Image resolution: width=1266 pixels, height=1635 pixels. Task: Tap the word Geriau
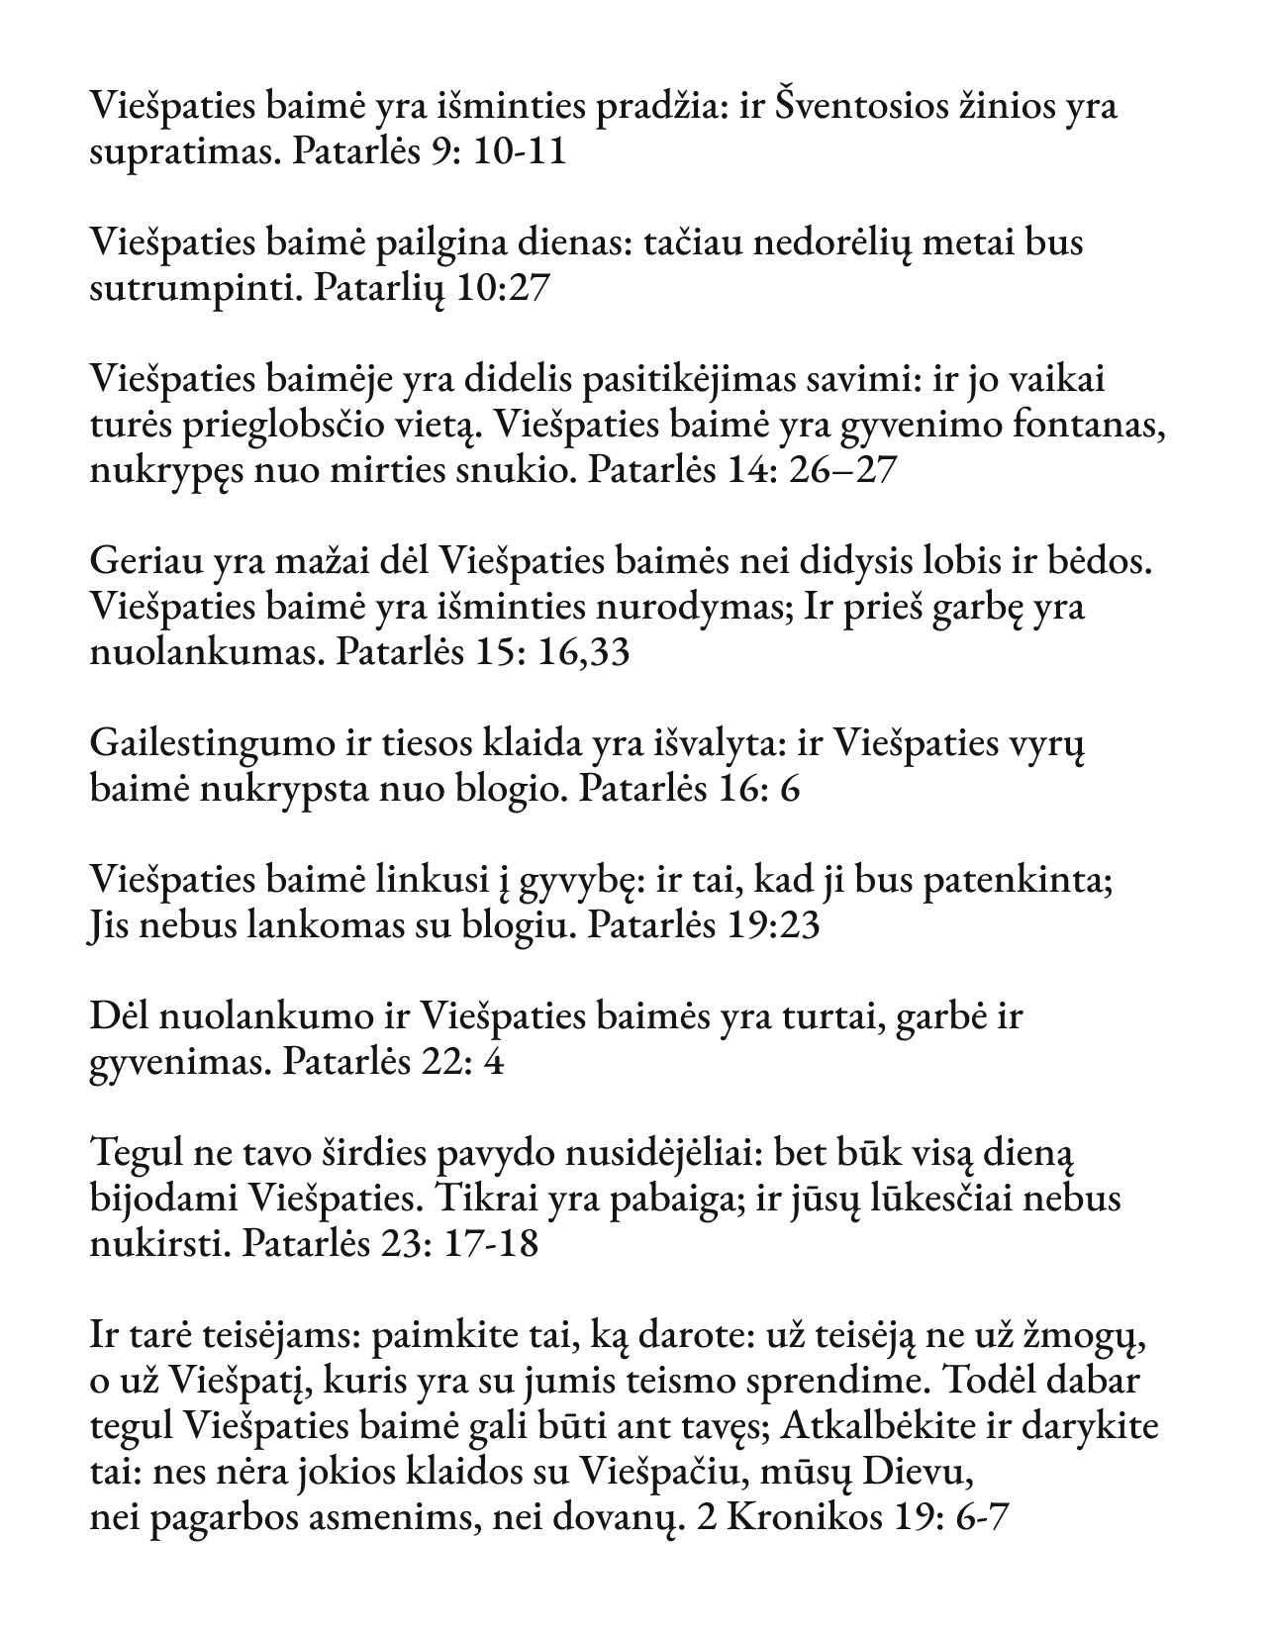[146, 561]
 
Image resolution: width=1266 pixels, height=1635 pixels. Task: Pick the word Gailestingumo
[211, 743]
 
